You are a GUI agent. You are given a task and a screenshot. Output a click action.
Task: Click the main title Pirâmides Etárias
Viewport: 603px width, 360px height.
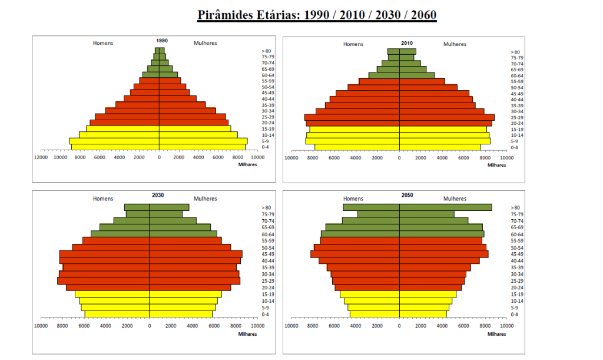click(316, 14)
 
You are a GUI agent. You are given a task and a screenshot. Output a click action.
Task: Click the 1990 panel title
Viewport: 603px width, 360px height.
click(162, 41)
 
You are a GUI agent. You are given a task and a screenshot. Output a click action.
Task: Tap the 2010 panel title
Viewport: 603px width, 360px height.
click(406, 44)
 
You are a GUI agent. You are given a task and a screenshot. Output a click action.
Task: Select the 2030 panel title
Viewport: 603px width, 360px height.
click(158, 196)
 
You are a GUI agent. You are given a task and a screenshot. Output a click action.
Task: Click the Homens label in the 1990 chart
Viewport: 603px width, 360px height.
click(103, 43)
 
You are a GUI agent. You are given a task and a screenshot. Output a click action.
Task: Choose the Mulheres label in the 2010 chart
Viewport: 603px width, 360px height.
click(455, 44)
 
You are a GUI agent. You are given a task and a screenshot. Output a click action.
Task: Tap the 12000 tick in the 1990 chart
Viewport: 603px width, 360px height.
click(40, 157)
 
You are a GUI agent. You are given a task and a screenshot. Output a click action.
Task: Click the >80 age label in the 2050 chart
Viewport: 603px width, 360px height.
click(515, 207)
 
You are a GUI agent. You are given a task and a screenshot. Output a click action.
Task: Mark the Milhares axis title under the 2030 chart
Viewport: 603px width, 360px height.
click(248, 334)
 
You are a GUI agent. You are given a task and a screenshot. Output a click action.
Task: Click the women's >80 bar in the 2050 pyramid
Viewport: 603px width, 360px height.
click(445, 207)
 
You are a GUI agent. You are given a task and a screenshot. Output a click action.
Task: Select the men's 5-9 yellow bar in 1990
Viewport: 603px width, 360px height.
click(114, 141)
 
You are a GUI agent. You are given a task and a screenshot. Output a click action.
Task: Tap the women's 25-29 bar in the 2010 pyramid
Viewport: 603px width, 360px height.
click(447, 117)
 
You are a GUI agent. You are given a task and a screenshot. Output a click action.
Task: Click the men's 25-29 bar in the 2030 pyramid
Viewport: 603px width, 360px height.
click(104, 281)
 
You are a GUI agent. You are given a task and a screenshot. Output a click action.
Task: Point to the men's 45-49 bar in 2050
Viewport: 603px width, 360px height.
click(355, 254)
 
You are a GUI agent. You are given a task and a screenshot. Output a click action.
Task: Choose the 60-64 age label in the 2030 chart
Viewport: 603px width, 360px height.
click(267, 234)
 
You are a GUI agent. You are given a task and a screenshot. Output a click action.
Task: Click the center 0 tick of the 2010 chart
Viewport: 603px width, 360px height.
click(399, 157)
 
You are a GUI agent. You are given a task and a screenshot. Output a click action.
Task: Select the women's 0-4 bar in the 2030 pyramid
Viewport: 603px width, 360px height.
click(181, 314)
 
